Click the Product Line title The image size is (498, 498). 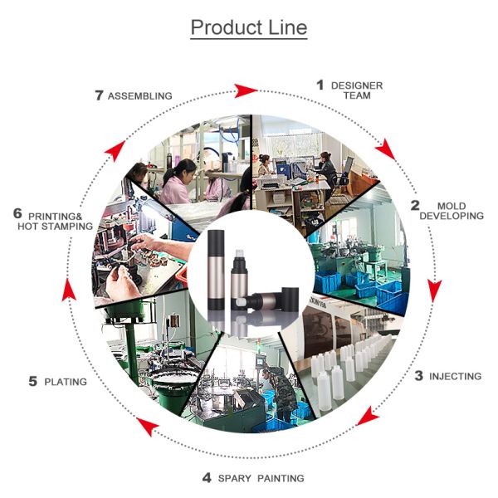(x=249, y=27)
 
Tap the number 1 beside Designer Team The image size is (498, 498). (x=320, y=85)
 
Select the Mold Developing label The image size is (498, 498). (x=452, y=211)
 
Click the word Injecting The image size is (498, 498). (x=455, y=376)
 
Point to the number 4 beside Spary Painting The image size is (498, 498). (x=207, y=477)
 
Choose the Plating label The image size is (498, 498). (x=66, y=382)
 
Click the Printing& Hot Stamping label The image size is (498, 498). (x=56, y=222)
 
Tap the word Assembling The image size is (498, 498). (x=139, y=95)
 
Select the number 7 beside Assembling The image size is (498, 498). (x=99, y=95)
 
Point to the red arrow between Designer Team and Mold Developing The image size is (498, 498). (x=386, y=149)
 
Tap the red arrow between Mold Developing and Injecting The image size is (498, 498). (x=434, y=290)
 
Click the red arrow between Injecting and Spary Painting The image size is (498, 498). (x=367, y=416)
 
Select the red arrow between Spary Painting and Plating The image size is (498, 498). (x=147, y=427)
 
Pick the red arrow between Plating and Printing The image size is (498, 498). (x=69, y=290)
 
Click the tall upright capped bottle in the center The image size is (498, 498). (x=216, y=270)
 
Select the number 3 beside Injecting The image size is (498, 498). (x=419, y=376)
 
